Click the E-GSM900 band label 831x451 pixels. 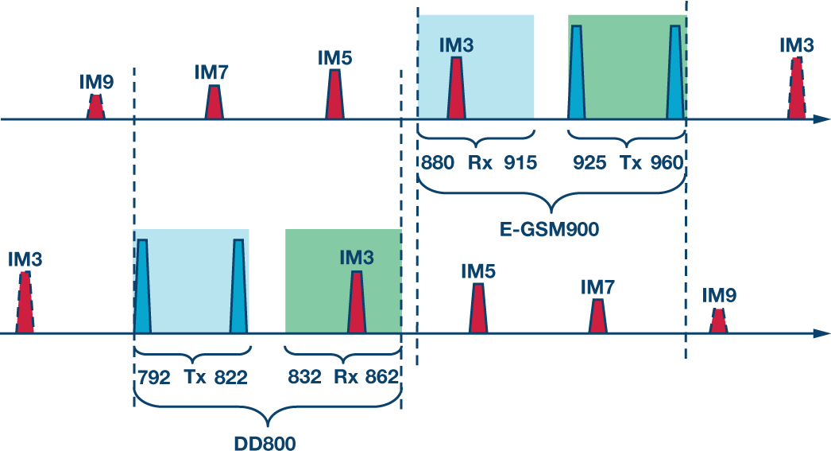click(x=551, y=229)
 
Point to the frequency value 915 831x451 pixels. click(x=521, y=164)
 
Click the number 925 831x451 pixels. click(x=589, y=164)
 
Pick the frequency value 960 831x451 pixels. click(x=666, y=164)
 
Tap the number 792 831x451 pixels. click(x=153, y=378)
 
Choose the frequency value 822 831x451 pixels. click(x=231, y=378)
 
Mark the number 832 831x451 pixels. click(x=305, y=378)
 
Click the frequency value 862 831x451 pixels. click(x=381, y=378)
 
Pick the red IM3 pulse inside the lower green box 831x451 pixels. click(x=356, y=303)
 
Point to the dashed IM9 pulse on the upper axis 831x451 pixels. click(x=95, y=107)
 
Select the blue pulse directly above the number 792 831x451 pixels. click(x=142, y=286)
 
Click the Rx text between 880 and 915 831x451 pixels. click(x=480, y=164)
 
